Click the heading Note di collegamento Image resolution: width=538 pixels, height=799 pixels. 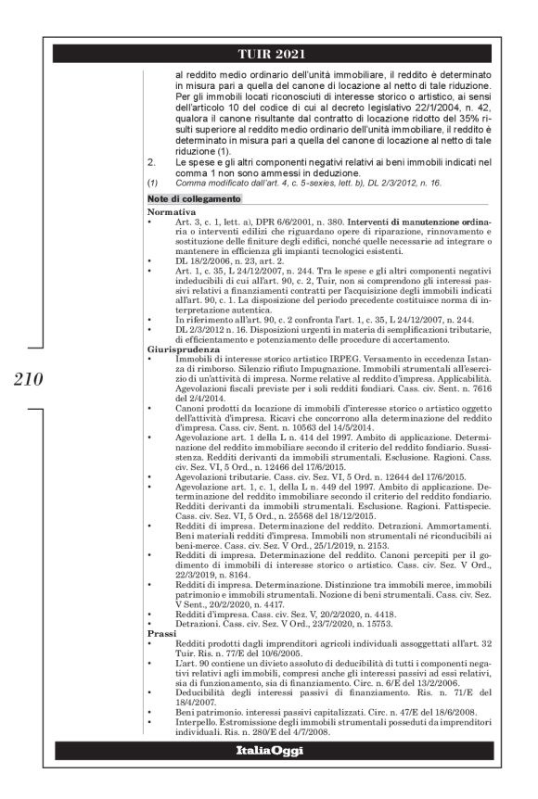196,198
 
